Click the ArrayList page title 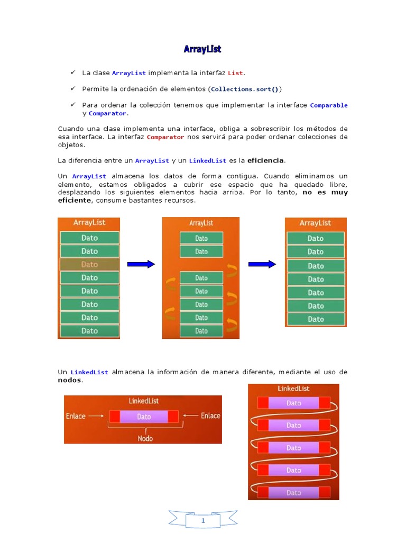[202, 49]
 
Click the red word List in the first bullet [236, 73]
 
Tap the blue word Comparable [329, 105]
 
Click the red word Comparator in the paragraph [165, 137]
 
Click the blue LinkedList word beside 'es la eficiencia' [207, 160]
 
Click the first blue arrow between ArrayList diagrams [141, 264]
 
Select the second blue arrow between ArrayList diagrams [262, 264]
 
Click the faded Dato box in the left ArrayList [89, 264]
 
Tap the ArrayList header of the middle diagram [201, 223]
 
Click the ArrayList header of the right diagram [316, 223]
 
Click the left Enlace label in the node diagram [76, 416]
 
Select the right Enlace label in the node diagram [210, 416]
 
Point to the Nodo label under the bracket [145, 438]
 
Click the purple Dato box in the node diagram [144, 417]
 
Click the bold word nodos [70, 380]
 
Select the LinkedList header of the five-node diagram [293, 389]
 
